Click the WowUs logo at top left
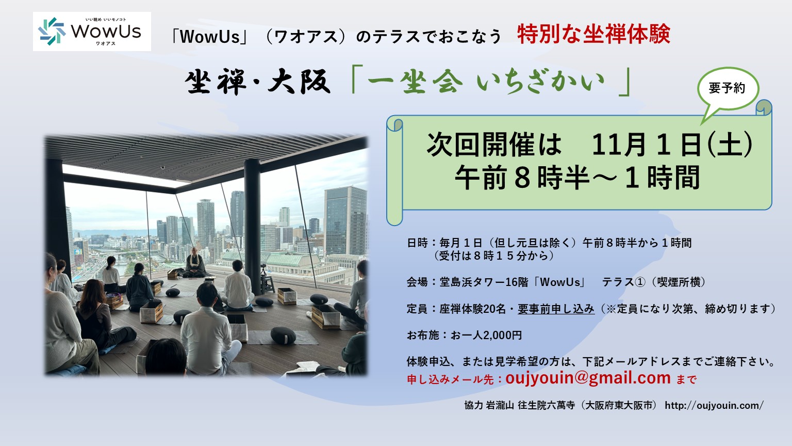tap(92, 31)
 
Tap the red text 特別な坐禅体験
tap(593, 35)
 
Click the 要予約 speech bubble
tap(728, 88)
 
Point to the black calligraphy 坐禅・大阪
tap(258, 82)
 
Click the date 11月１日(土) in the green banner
tap(672, 145)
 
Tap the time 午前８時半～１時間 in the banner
tap(577, 178)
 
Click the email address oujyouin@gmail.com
tap(588, 378)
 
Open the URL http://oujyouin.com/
tap(714, 405)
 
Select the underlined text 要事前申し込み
tap(556, 309)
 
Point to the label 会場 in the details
tap(417, 282)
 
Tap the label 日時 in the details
tap(417, 243)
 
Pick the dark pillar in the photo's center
tap(252, 227)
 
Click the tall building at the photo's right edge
tap(346, 221)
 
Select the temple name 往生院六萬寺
tap(546, 405)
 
